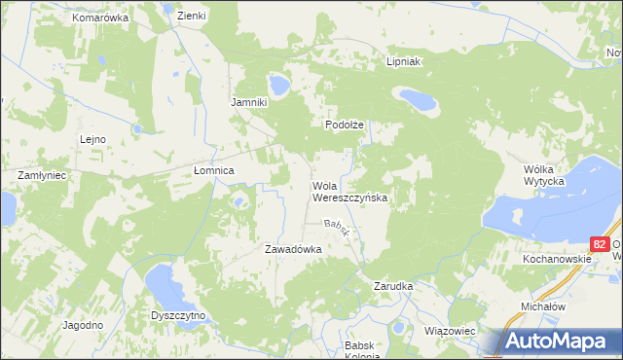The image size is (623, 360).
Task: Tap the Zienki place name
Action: pos(191,16)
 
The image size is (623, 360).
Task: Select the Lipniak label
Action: pos(401,60)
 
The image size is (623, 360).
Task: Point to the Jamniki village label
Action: pos(247,102)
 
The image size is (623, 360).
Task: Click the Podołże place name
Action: pos(344,125)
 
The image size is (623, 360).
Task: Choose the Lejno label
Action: pos(92,139)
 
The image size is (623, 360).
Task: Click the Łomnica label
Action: pos(214,170)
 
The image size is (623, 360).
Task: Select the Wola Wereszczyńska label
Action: pos(349,191)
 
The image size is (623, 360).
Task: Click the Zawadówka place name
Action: pos(293,249)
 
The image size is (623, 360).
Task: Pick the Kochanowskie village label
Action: pos(556,261)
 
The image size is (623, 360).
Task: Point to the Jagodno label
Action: pos(82,325)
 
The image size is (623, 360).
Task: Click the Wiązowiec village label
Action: pos(450,331)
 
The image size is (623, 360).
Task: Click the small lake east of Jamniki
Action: pos(279,86)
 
